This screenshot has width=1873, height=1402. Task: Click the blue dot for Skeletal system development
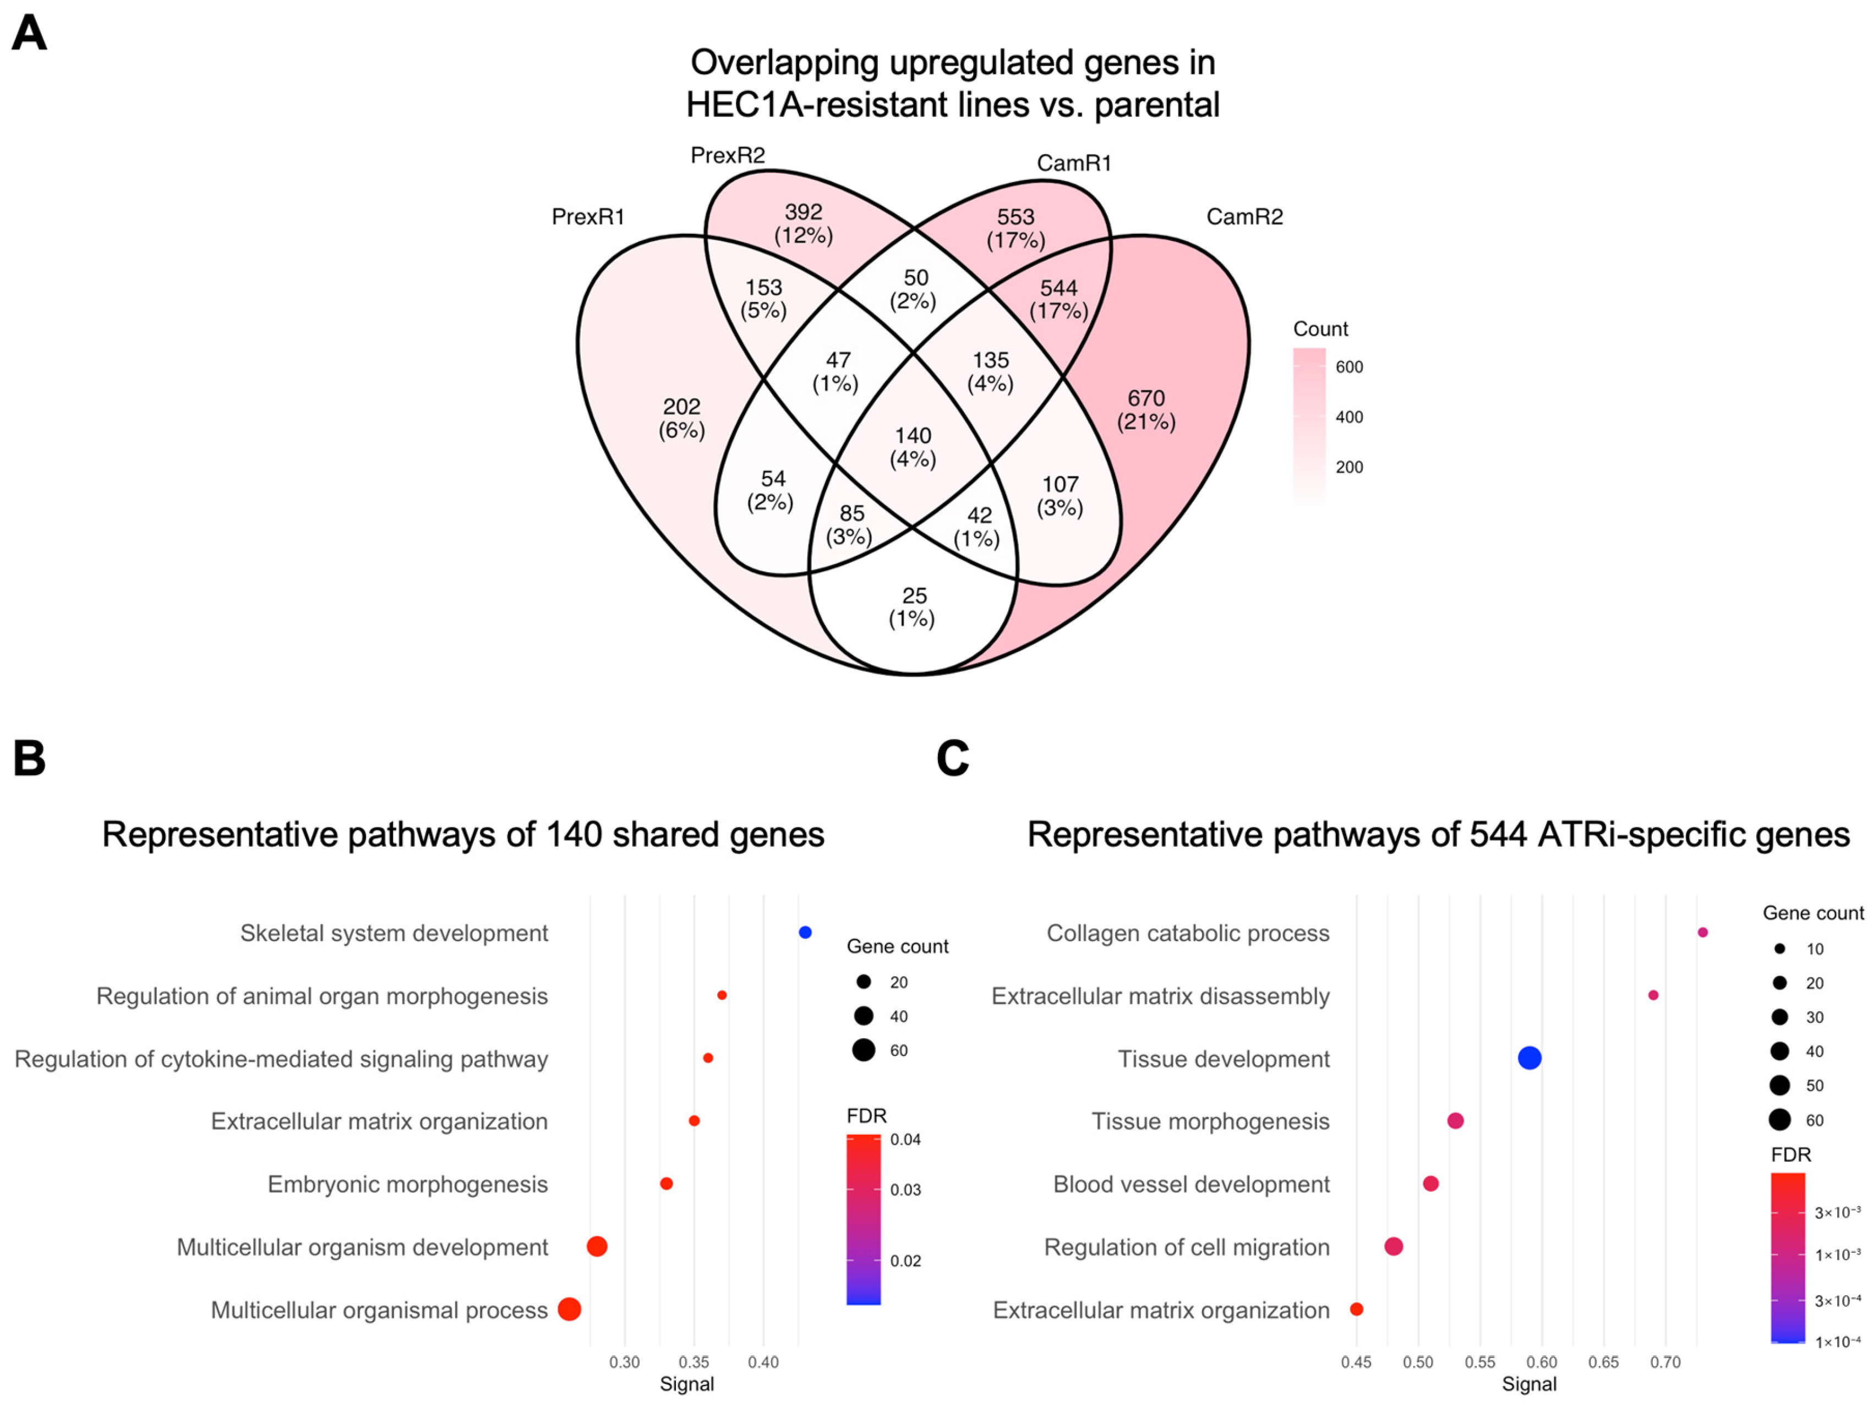point(805,932)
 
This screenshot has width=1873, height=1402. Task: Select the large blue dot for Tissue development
point(1529,1058)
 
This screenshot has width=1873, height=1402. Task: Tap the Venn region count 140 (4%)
point(913,447)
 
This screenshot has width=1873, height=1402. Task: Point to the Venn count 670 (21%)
point(1145,410)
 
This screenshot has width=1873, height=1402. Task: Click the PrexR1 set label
point(588,217)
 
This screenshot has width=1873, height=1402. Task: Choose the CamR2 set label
point(1244,217)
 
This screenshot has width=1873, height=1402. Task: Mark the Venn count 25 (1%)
point(913,607)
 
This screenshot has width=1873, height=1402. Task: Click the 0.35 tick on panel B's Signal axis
point(695,1362)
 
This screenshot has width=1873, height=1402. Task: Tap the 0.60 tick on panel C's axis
point(1542,1362)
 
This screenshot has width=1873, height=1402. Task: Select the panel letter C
point(953,759)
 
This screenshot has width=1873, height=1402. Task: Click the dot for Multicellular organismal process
point(570,1309)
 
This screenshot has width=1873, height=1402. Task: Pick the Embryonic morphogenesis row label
point(407,1184)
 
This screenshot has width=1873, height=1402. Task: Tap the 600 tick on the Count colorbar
point(1349,366)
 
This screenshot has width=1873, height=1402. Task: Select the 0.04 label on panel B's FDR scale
point(905,1140)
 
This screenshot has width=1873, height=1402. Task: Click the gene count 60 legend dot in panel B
point(864,1050)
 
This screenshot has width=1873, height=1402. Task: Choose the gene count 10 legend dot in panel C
point(1780,949)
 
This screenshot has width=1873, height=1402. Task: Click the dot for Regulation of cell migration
point(1394,1246)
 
